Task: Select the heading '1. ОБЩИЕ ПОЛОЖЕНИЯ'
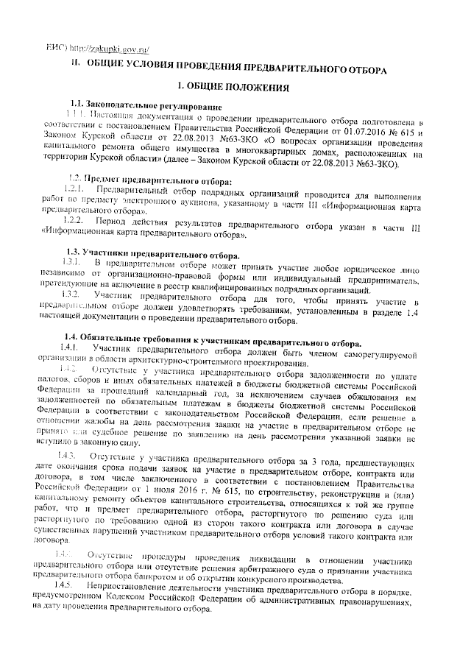[x=236, y=88]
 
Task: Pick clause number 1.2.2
[x=77, y=221]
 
